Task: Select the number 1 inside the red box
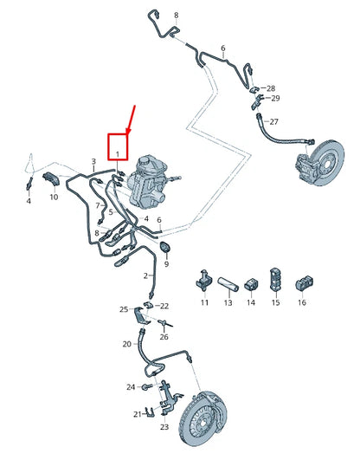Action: (117, 153)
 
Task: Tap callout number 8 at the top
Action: (176, 16)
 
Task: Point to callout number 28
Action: (270, 89)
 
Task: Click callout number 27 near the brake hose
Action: (274, 122)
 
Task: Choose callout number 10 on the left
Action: (53, 198)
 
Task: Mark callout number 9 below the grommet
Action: (166, 264)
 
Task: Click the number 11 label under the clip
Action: (205, 302)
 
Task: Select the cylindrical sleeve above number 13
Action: (228, 282)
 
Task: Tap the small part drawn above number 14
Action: (251, 283)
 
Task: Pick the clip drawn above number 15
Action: (276, 280)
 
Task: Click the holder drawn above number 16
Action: (301, 282)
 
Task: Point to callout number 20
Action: (126, 344)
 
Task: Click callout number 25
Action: (123, 309)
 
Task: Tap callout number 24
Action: (130, 386)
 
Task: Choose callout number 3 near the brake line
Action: (93, 161)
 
